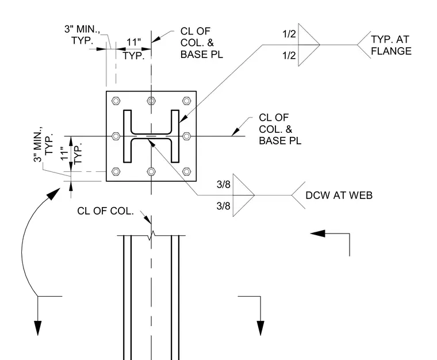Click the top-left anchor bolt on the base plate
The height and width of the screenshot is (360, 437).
(116, 101)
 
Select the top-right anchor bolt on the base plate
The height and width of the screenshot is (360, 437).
(186, 101)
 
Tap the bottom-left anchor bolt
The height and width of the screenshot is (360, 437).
(116, 171)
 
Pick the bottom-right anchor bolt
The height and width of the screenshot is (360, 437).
(186, 171)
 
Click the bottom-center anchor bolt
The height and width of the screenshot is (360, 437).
(151, 171)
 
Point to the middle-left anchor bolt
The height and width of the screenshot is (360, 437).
(116, 136)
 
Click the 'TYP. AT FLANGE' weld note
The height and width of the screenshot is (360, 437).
(391, 45)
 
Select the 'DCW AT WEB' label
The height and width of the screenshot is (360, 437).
(339, 196)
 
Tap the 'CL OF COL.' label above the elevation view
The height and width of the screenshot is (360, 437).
(105, 211)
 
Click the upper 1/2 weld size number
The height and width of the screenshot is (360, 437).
(289, 34)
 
